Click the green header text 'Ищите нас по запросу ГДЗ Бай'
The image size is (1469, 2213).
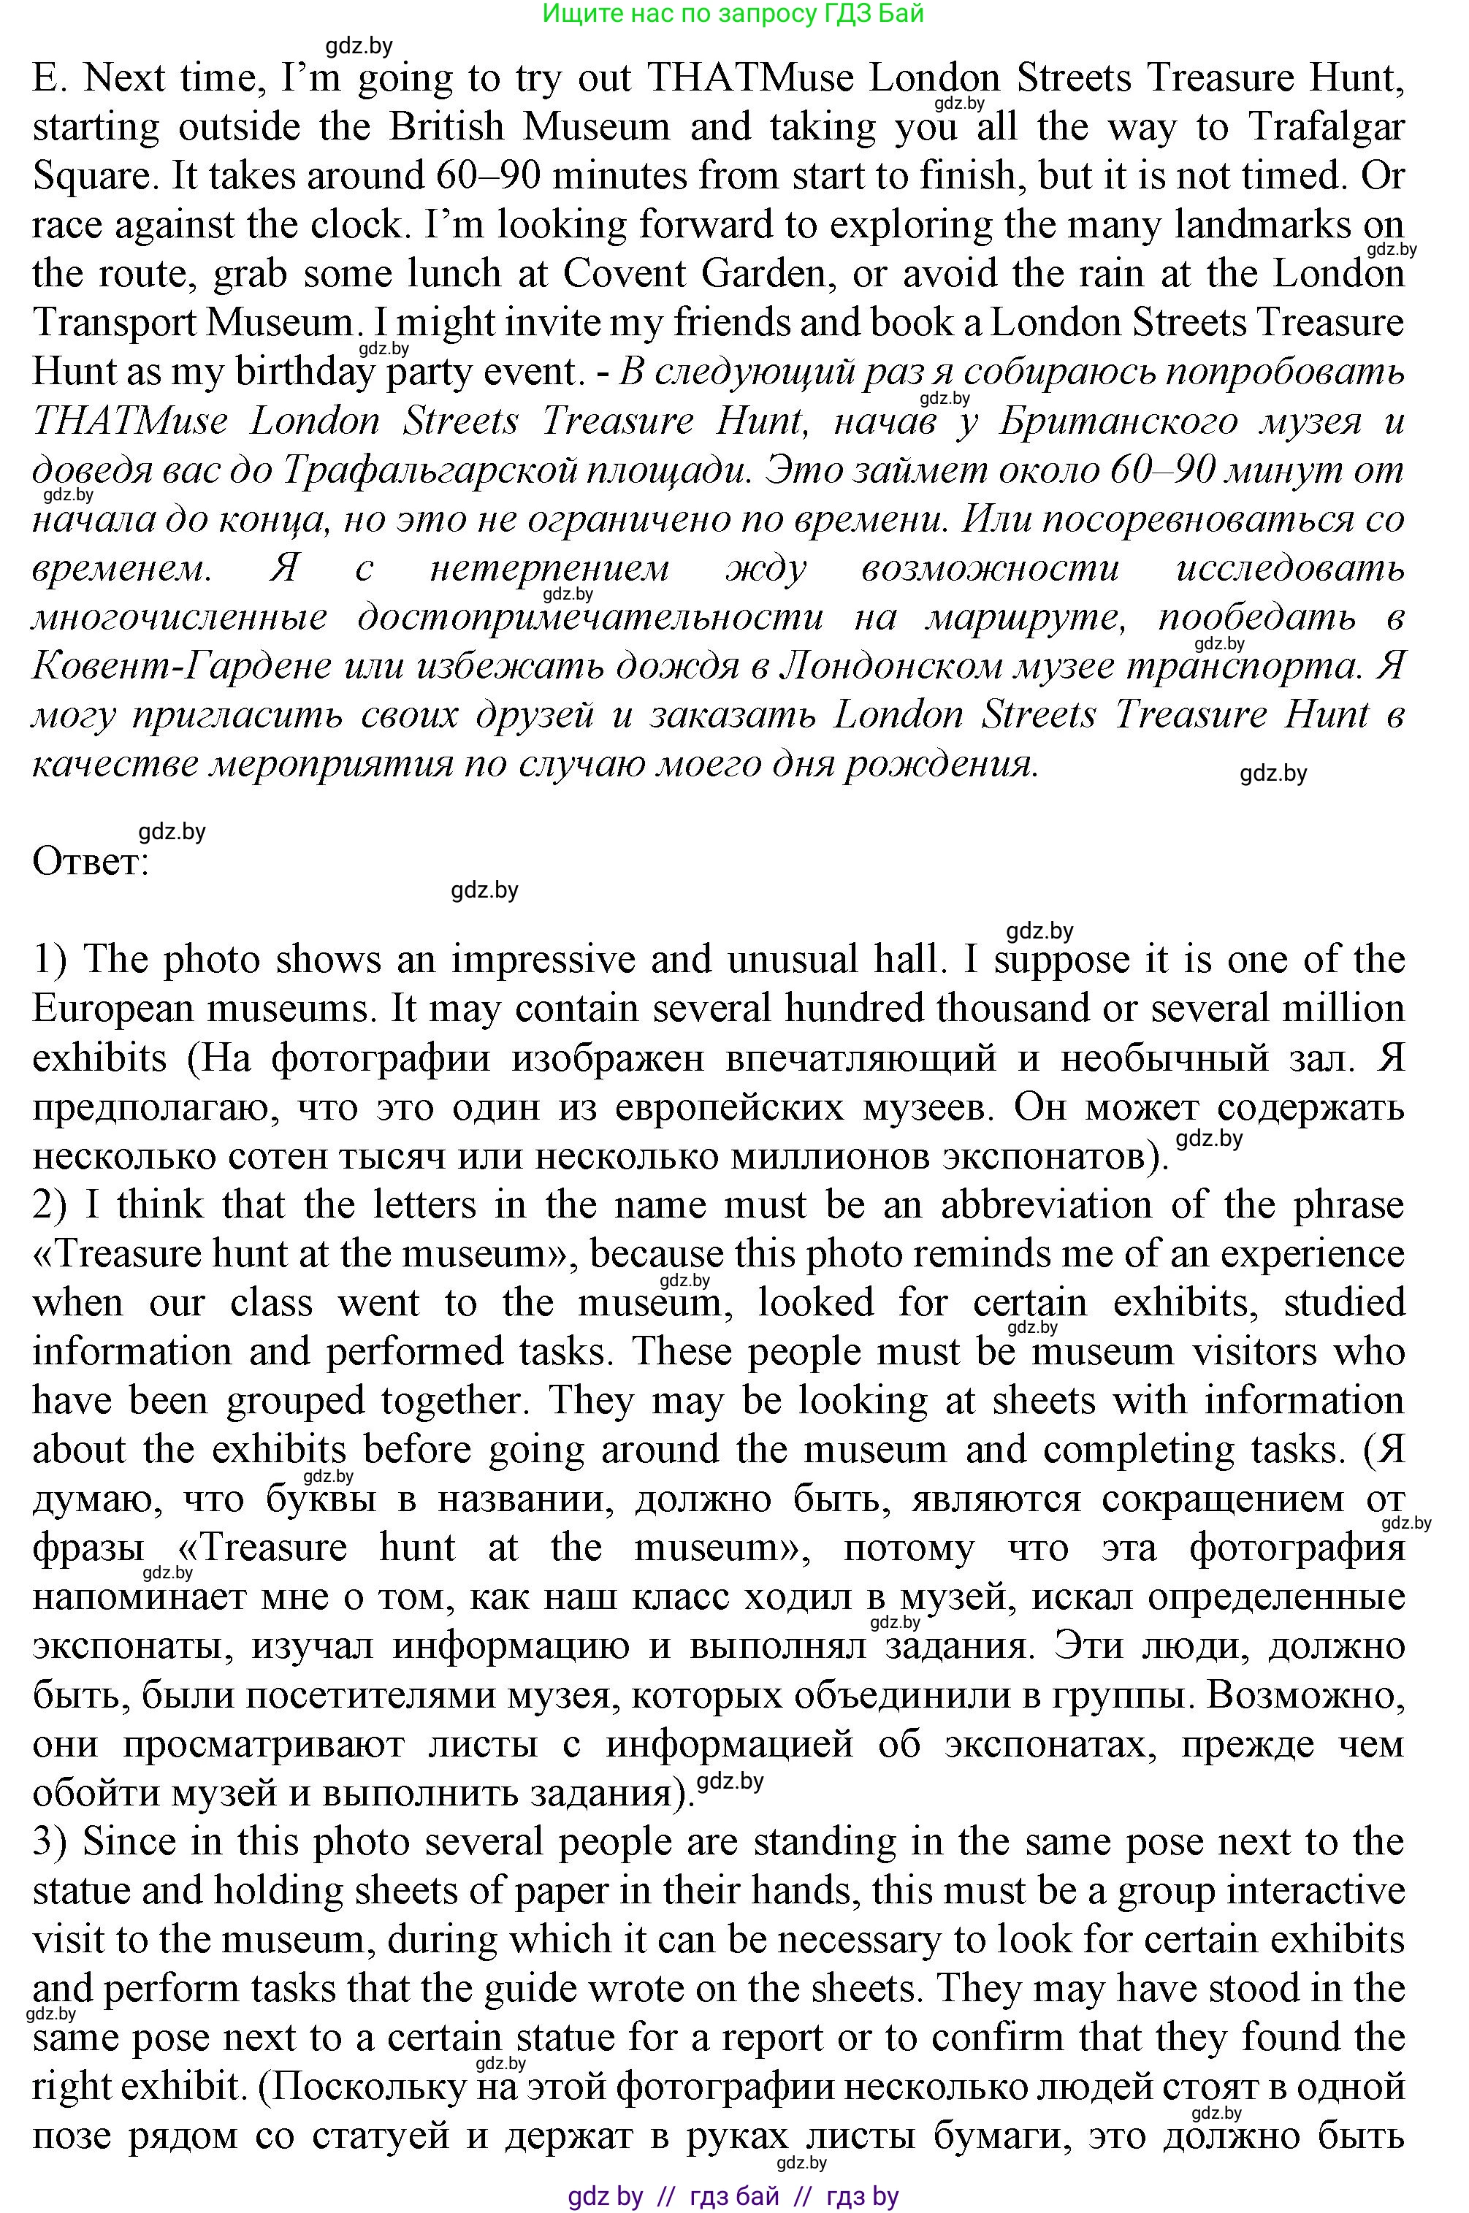(x=733, y=13)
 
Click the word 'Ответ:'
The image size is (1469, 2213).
(x=91, y=862)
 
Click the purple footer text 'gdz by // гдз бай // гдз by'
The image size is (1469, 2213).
(x=733, y=2195)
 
